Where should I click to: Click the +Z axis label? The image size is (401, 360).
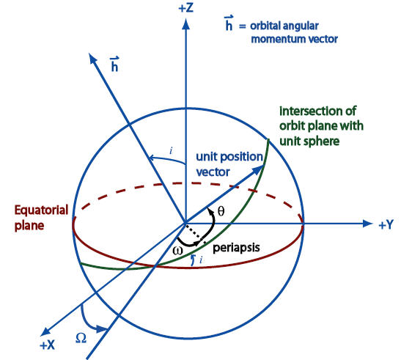tap(186, 8)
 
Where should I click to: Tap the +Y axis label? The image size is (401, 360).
tap(386, 224)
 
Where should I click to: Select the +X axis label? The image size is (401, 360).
tap(48, 345)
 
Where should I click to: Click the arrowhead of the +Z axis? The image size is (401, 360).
tap(186, 24)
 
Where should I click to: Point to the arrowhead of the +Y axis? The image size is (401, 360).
tap(367, 224)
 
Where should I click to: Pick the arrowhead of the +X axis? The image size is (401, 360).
tap(45, 331)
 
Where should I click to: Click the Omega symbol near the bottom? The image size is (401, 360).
tap(81, 338)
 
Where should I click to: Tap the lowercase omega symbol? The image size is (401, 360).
tap(177, 250)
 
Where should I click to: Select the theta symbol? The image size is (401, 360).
tap(221, 211)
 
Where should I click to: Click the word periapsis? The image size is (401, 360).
tap(236, 248)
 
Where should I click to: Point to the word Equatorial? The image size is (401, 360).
tap(41, 210)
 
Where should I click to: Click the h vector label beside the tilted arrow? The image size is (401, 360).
tap(114, 64)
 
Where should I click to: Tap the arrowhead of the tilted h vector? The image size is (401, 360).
tap(92, 58)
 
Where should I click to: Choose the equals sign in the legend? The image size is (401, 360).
tap(242, 26)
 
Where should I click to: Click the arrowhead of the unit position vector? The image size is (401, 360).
tap(259, 169)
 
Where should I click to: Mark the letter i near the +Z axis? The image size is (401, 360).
tap(171, 151)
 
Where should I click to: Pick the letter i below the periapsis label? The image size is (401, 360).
tap(201, 260)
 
